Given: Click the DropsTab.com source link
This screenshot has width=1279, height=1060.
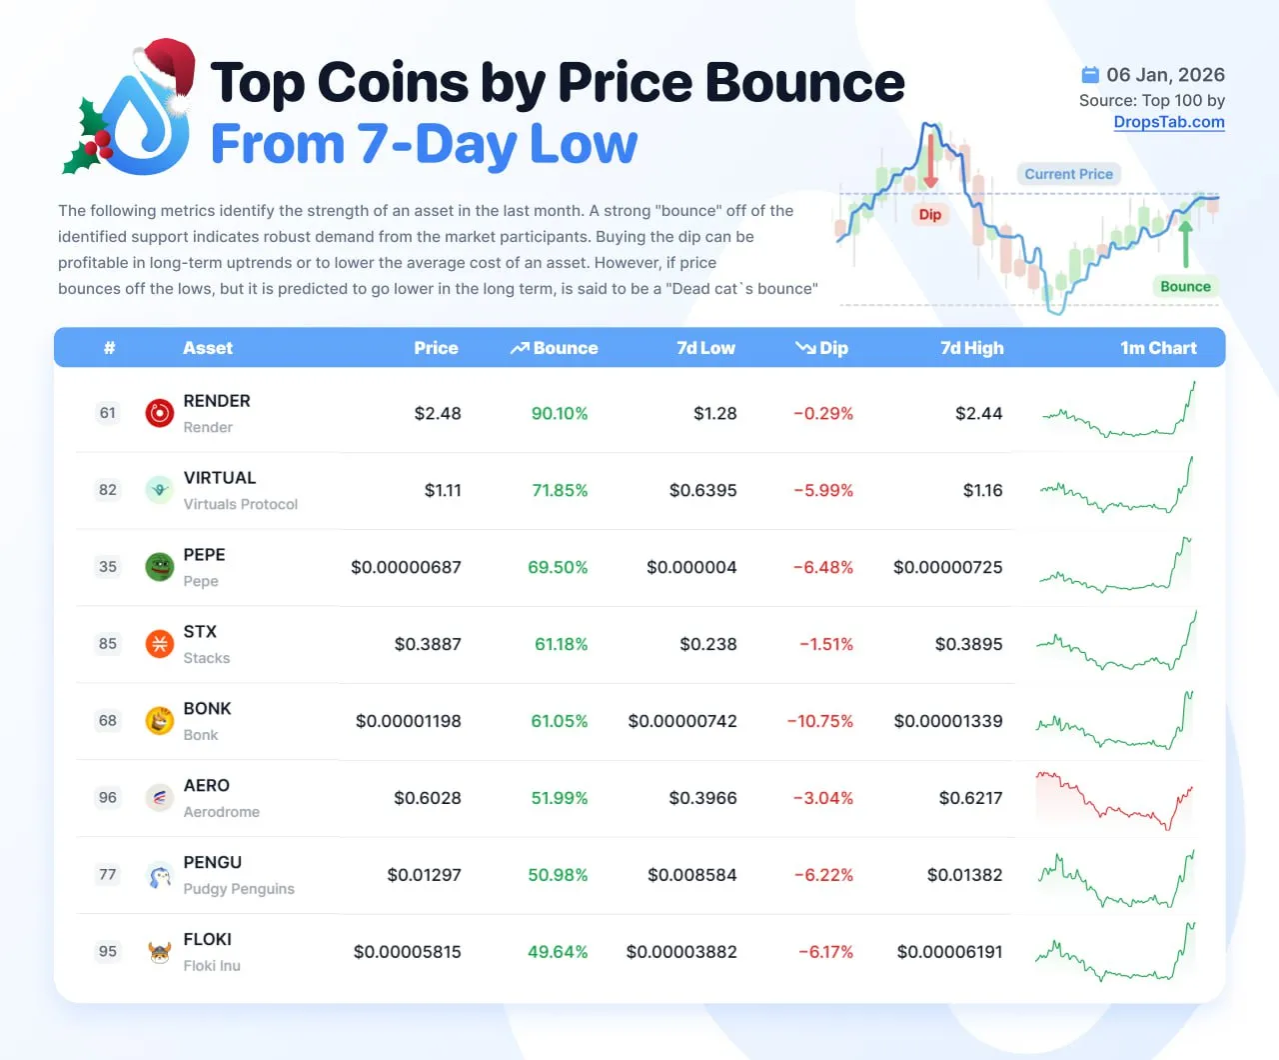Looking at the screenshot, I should click(x=1169, y=122).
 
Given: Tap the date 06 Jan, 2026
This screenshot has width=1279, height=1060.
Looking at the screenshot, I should click(x=1165, y=75).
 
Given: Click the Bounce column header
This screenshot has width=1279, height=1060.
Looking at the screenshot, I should click(x=556, y=348).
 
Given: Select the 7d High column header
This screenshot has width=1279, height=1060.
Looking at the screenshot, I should click(x=971, y=348).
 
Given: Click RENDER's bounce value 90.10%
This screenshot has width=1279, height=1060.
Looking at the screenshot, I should click(x=560, y=413).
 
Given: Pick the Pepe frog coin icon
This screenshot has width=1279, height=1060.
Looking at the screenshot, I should click(x=160, y=567).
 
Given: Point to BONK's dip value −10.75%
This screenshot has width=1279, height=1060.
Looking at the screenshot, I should click(x=819, y=721).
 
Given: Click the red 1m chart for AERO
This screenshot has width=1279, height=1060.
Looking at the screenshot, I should click(x=1115, y=800).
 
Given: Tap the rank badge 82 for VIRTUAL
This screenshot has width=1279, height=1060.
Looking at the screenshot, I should click(x=108, y=490).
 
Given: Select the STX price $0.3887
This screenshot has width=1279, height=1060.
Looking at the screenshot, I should click(x=428, y=644).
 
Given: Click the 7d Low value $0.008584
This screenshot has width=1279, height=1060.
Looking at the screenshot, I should click(x=691, y=875).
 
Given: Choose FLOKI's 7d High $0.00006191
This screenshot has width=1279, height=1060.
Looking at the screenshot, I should click(x=949, y=952).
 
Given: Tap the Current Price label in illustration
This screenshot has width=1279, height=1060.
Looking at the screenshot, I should click(x=1068, y=174).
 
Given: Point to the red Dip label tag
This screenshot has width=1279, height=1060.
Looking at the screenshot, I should click(x=930, y=214).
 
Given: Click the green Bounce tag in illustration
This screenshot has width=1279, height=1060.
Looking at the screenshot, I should click(x=1185, y=286).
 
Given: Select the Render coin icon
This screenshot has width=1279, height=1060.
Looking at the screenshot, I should click(x=160, y=413).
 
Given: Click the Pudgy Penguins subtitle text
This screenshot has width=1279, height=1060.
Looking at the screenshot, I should click(x=239, y=889).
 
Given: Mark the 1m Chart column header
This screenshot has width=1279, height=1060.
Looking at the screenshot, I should click(x=1158, y=348).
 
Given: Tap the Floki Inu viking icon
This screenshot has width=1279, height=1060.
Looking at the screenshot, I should click(x=160, y=952).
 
